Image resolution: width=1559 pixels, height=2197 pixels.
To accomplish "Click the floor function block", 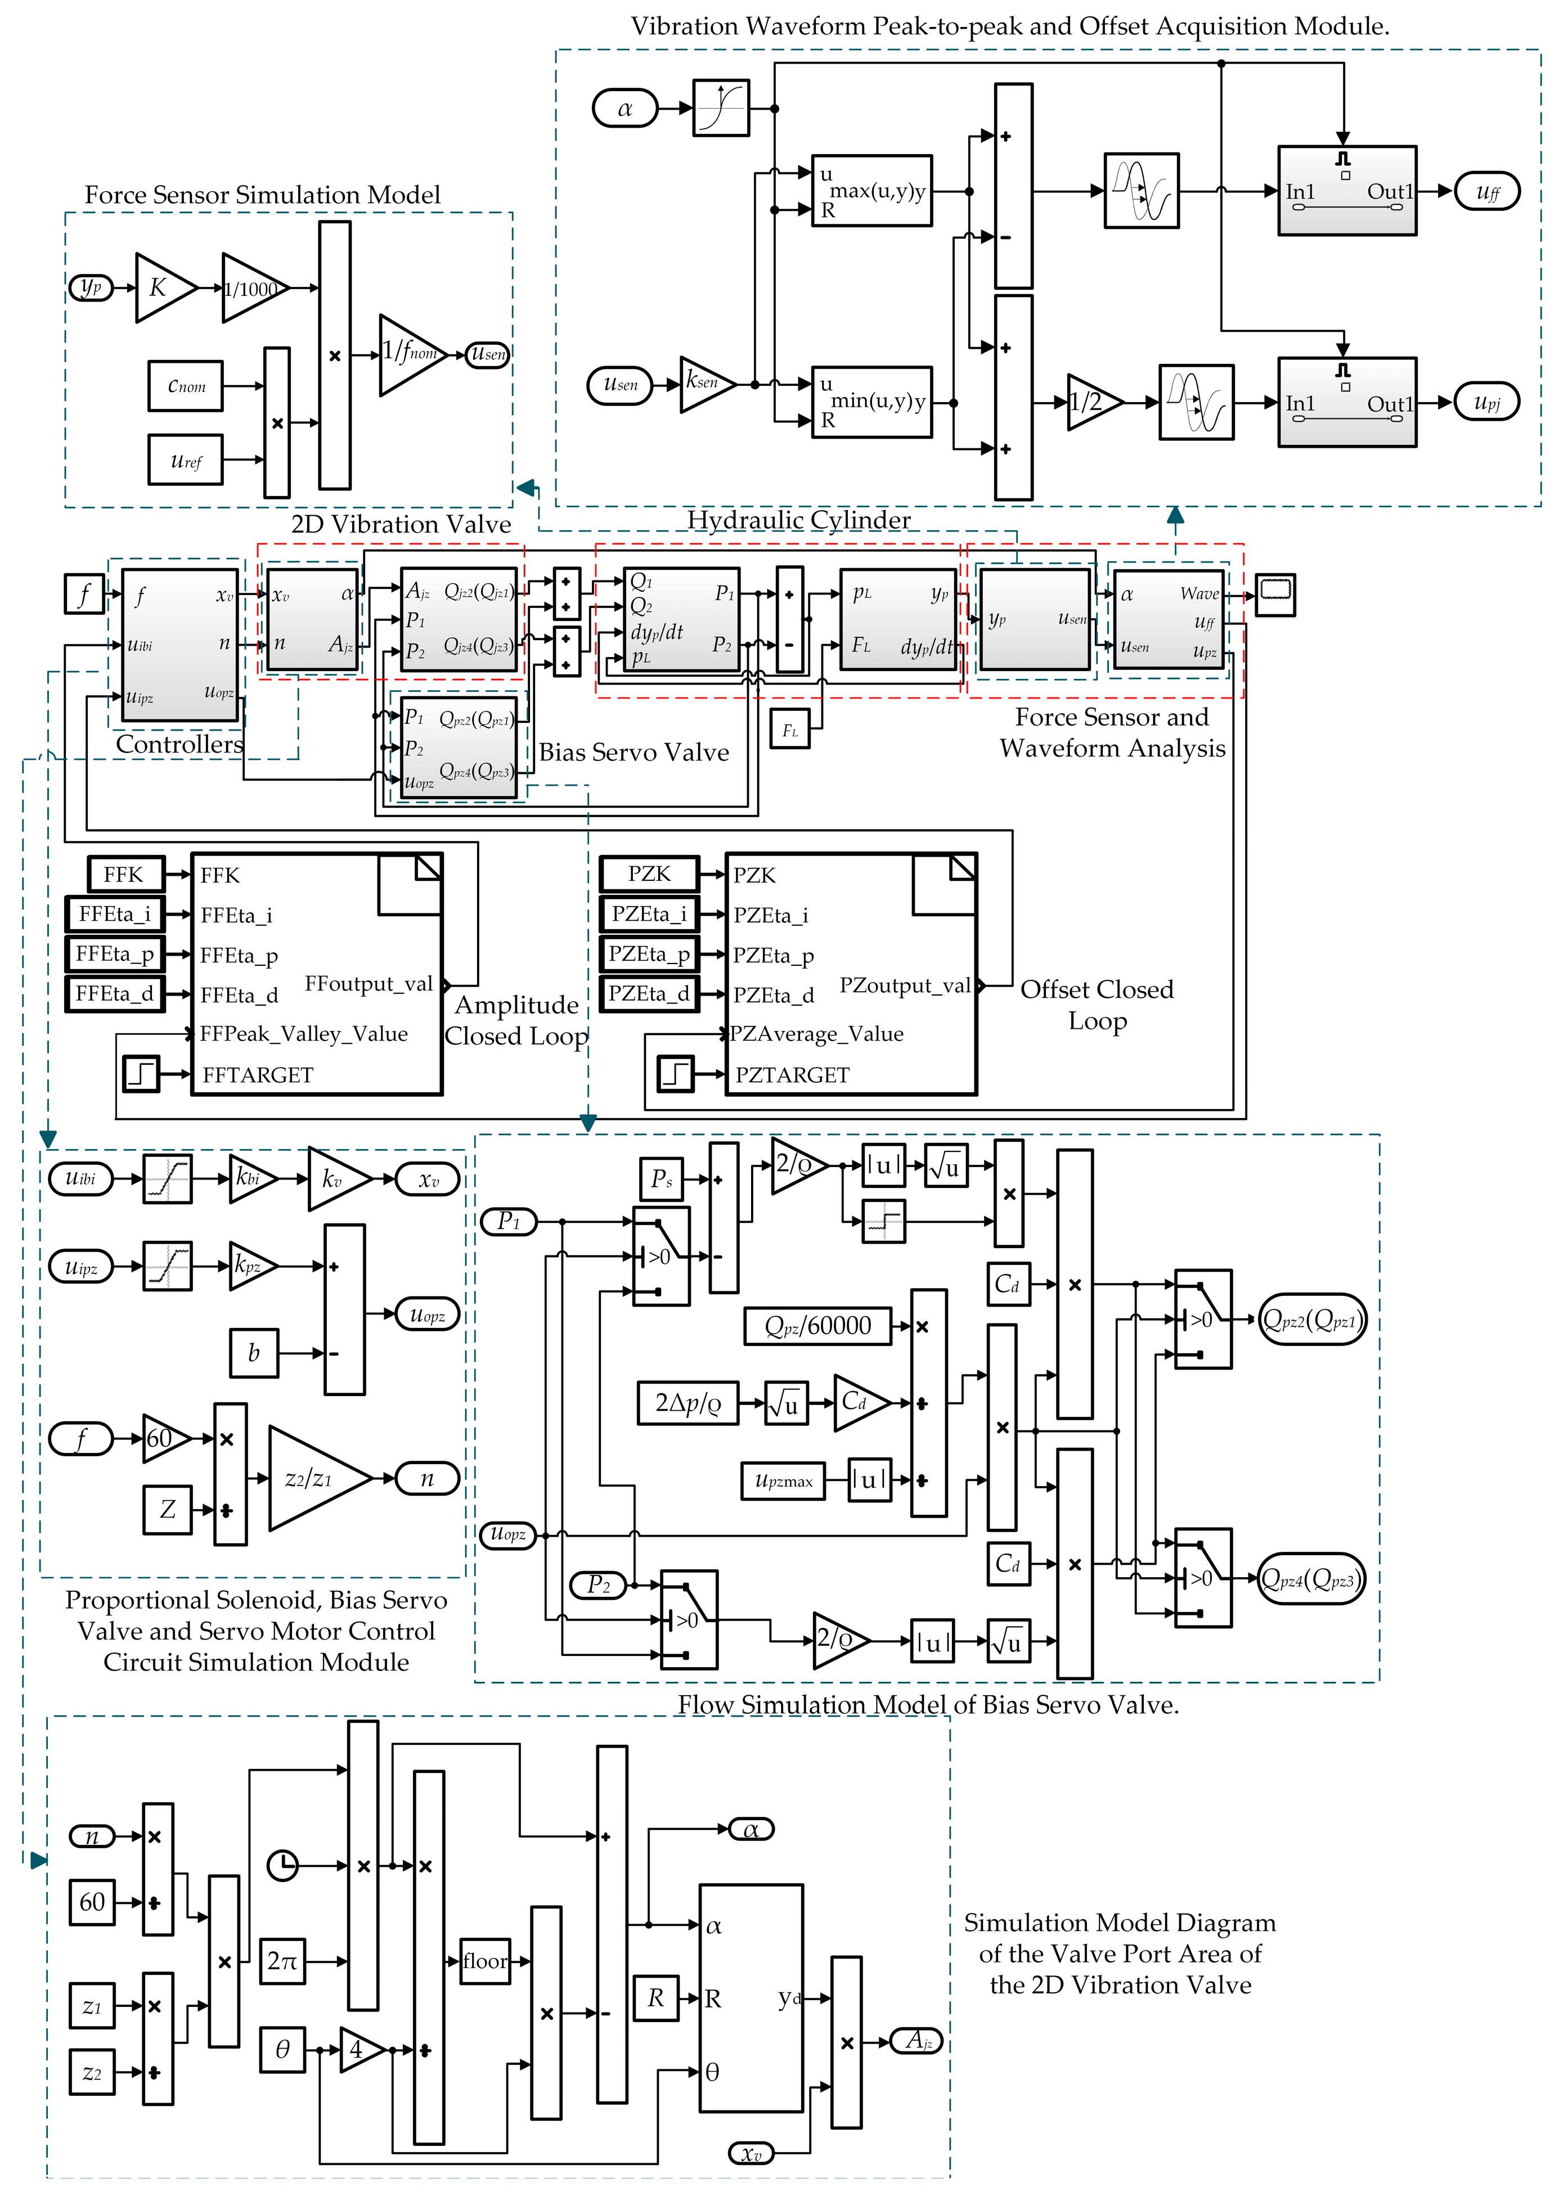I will pos(485,1961).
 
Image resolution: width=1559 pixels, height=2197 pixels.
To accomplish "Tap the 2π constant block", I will pos(282,1961).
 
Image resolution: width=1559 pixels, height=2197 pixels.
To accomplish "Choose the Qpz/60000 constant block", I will pos(817,1326).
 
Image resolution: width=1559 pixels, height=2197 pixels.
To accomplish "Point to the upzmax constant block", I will pos(783,1480).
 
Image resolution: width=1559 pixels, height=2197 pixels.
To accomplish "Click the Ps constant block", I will pos(662,1178).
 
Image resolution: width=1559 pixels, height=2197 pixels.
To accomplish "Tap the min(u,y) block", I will pos(871,401).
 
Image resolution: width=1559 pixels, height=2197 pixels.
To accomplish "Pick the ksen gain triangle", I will pos(704,384).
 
